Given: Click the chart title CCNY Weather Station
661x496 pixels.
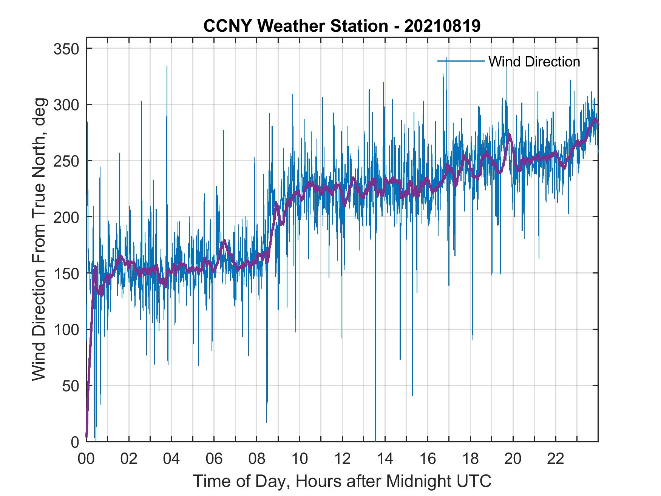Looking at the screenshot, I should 342,26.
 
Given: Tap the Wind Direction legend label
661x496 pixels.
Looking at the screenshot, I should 534,62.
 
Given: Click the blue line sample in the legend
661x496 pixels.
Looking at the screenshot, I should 461,61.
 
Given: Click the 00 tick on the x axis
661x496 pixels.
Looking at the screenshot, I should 86,459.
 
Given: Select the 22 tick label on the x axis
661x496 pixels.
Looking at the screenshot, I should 556,459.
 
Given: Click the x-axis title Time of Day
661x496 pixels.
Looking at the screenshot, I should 342,481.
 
